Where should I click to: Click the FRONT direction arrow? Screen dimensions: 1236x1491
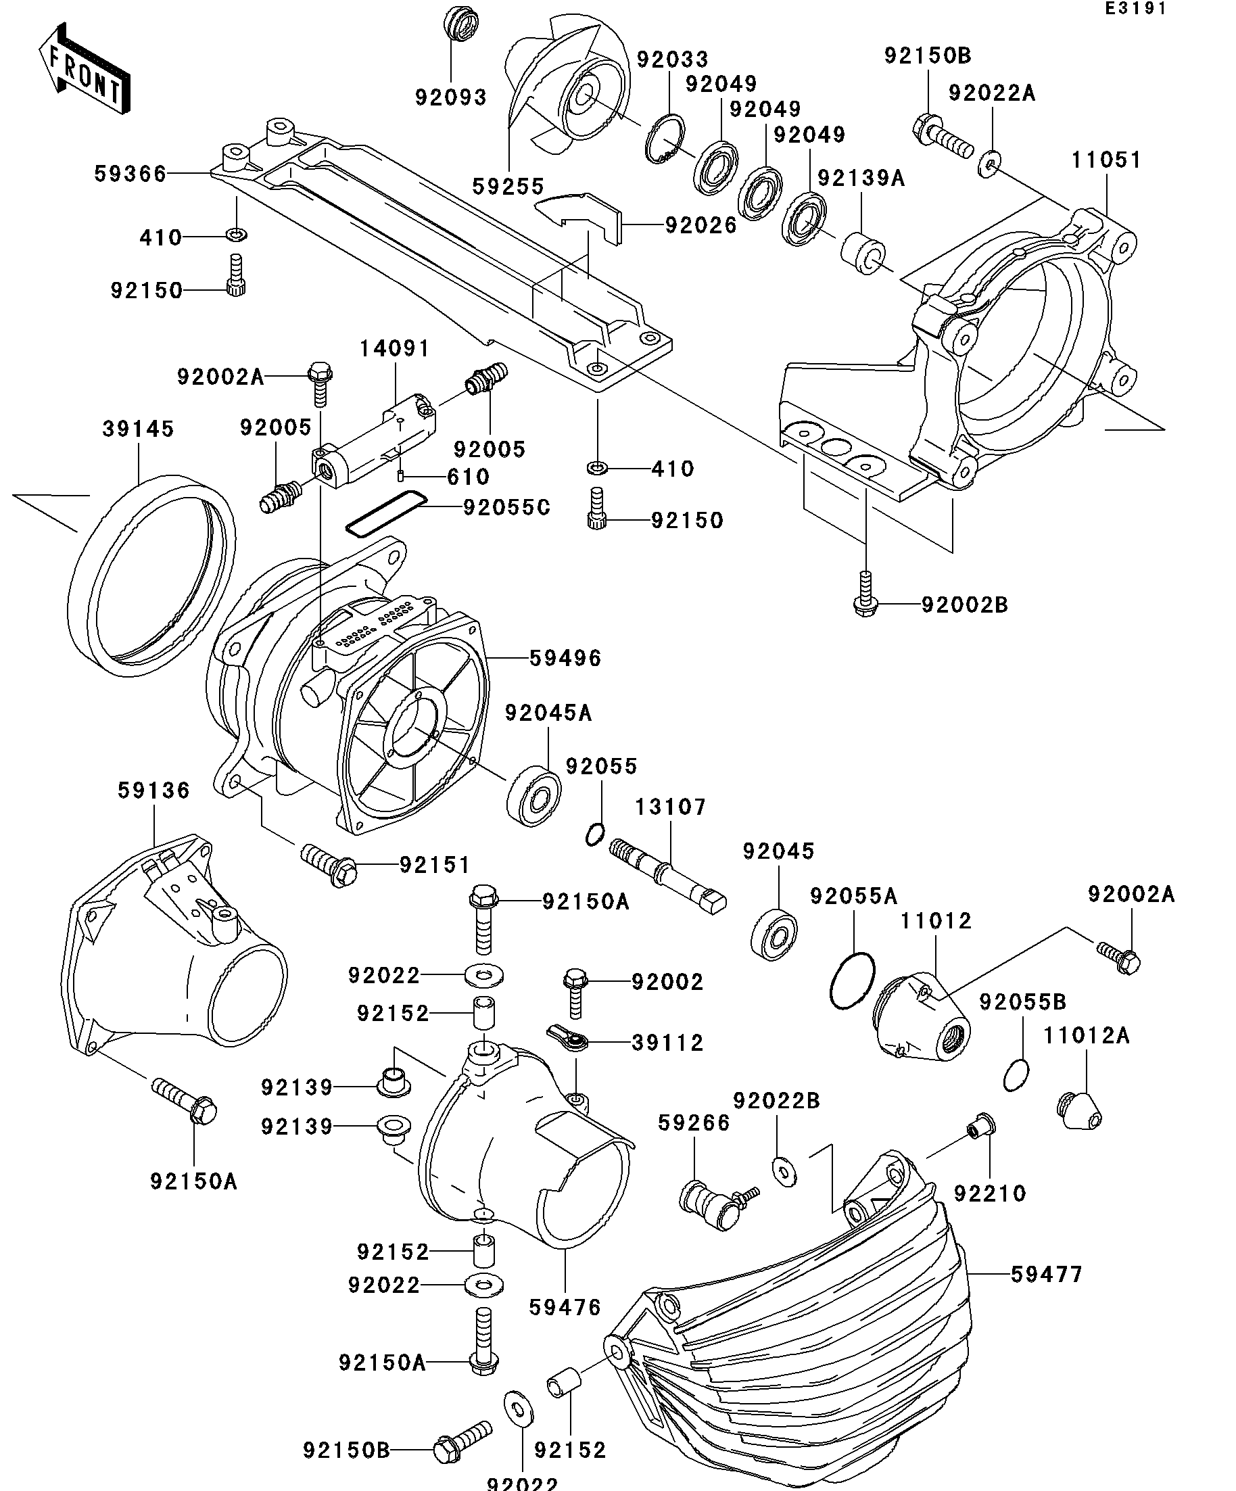coord(84,68)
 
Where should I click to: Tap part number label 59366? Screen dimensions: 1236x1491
coord(130,174)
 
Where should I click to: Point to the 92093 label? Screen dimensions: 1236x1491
coord(451,97)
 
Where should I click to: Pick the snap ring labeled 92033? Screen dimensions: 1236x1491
coord(665,139)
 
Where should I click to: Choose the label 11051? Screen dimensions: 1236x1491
coord(1106,160)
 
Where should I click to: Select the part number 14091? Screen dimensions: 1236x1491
coord(395,349)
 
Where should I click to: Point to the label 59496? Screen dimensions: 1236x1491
coord(566,658)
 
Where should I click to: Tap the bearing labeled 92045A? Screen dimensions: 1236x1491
coord(534,795)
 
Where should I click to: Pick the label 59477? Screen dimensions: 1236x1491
coord(1047,1275)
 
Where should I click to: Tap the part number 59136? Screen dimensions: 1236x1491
coord(154,790)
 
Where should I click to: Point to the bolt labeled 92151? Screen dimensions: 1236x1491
coord(329,863)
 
